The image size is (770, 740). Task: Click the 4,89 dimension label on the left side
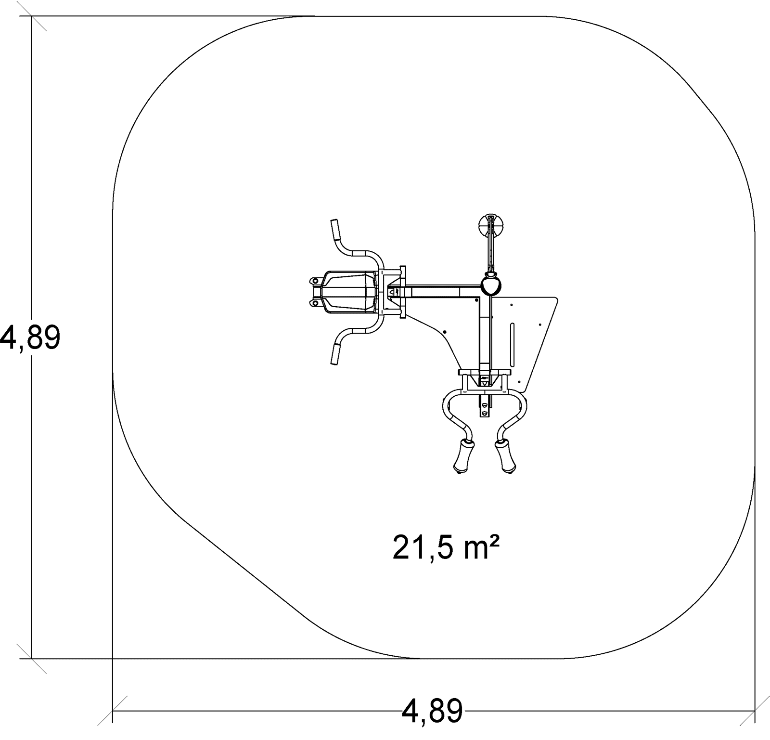pyautogui.click(x=30, y=338)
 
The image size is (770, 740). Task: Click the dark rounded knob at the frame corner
pyautogui.click(x=491, y=285)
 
